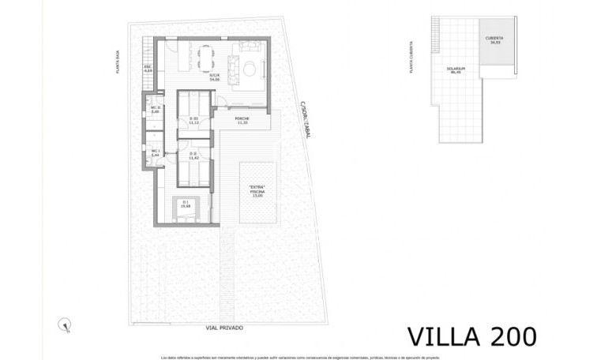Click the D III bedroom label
click(x=193, y=121)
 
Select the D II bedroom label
click(x=193, y=157)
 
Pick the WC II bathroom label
click(x=156, y=110)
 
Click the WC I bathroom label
click(x=156, y=153)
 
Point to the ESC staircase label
click(x=148, y=69)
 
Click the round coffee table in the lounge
click(x=248, y=68)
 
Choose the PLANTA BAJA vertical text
click(x=117, y=60)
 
